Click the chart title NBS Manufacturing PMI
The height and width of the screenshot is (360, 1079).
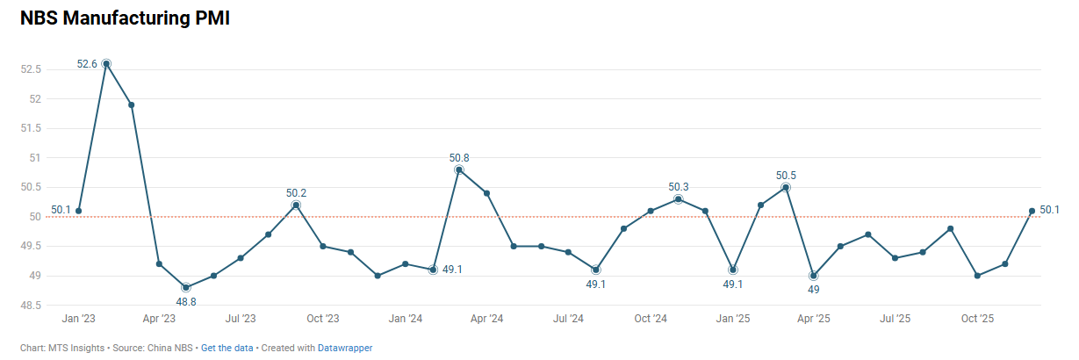(125, 18)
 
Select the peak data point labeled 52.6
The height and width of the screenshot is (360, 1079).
(106, 63)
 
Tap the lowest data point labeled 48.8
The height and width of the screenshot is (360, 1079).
(186, 287)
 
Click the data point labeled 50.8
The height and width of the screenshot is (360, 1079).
(459, 169)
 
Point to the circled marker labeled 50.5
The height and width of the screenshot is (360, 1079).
(786, 187)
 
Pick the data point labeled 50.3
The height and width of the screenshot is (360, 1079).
(679, 199)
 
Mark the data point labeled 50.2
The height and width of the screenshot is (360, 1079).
(296, 205)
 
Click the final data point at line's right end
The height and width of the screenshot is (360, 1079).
(1032, 211)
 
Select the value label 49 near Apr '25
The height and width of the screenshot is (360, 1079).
(814, 289)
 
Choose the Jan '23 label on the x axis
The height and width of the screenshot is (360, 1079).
(79, 319)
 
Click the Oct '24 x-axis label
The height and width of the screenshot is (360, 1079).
(651, 319)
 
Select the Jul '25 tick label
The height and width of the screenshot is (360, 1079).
(896, 319)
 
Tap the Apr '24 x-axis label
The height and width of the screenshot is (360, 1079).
(486, 319)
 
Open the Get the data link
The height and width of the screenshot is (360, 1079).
(227, 349)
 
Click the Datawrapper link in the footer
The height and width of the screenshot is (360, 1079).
(345, 349)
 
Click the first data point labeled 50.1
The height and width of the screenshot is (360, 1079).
(79, 211)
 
